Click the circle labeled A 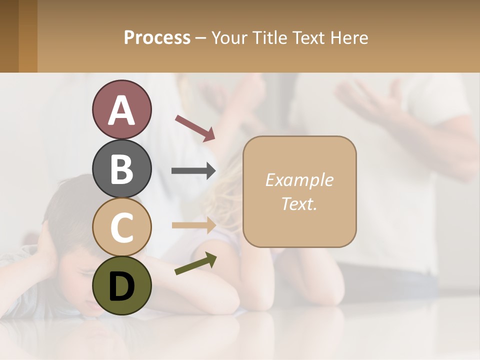point(121,109)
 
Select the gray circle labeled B point(121,168)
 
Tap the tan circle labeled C point(121,227)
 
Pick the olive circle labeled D point(121,285)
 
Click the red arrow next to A point(195,127)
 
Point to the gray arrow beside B point(193,171)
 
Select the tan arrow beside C point(193,225)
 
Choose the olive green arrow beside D point(195,263)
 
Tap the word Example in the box point(299,180)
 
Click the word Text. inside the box point(299,203)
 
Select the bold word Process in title point(157,37)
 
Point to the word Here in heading point(349,37)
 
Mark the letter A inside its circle point(121,110)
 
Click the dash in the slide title point(200,38)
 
